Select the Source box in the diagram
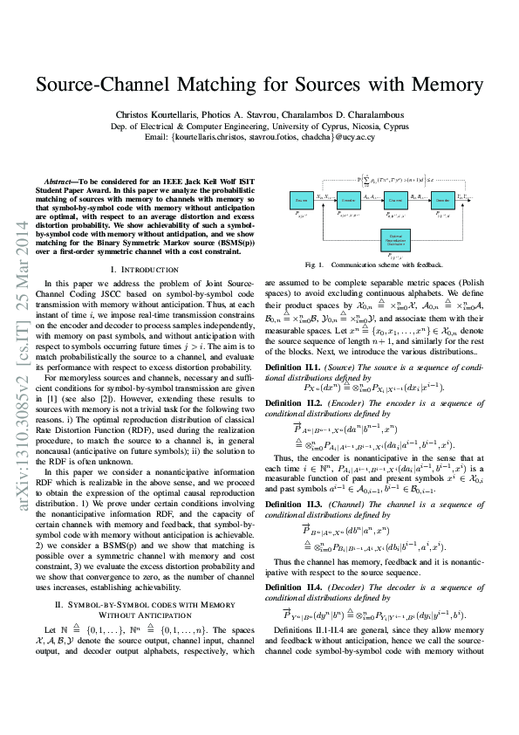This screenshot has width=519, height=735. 299,200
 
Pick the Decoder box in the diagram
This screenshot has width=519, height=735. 440,200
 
